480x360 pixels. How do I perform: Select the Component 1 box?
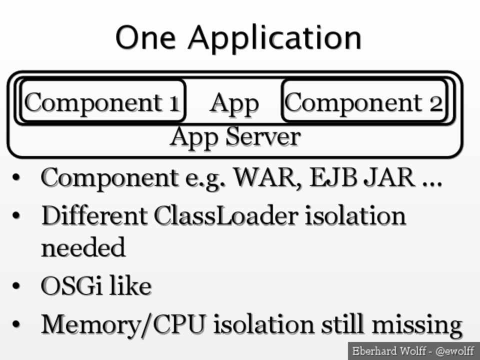point(102,102)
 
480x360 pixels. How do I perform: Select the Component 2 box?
point(364,102)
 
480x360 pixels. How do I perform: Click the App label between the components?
point(234,103)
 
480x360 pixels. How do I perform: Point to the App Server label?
point(235,136)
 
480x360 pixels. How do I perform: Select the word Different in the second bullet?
point(94,216)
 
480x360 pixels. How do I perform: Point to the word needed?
point(83,247)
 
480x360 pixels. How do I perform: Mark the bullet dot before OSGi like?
point(17,287)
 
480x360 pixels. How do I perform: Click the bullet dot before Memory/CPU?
point(17,325)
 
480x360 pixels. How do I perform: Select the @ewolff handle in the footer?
point(454,351)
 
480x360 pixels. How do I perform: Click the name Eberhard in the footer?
point(372,351)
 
